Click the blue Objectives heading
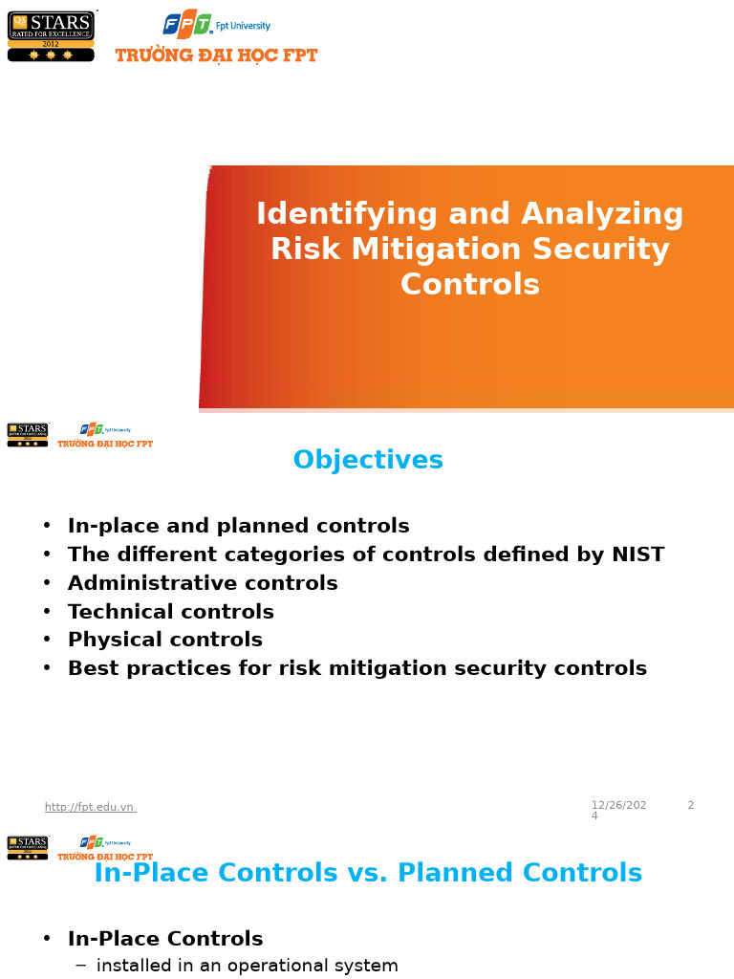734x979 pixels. [368, 461]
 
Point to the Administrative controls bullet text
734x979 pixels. [203, 583]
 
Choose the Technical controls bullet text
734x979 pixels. [171, 612]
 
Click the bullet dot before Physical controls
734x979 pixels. [47, 640]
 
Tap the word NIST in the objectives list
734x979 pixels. [633, 555]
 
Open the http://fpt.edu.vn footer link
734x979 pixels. [90, 807]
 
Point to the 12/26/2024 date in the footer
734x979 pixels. [617, 810]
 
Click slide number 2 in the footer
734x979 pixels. [691, 806]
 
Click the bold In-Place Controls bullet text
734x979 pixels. [165, 939]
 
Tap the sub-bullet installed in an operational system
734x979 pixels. [248, 966]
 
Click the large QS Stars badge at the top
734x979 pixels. [51, 35]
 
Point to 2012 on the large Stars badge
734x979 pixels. [51, 44]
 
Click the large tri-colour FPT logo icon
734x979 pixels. [187, 24]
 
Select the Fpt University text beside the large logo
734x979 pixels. [243, 26]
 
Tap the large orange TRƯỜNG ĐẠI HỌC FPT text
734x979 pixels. [216, 55]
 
